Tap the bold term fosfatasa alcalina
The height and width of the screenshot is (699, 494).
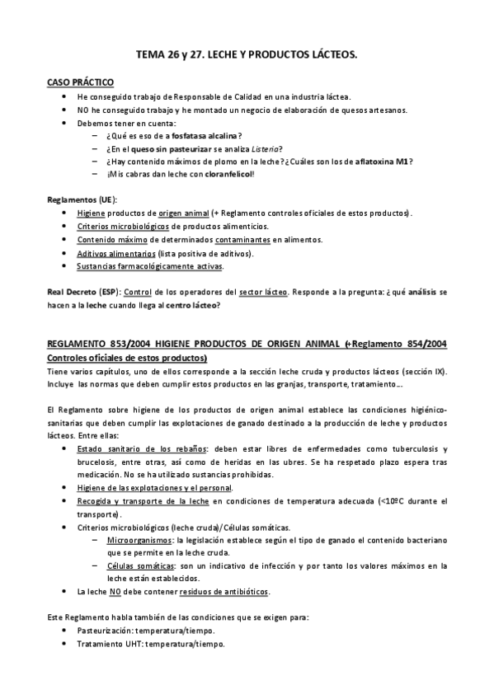click(x=206, y=135)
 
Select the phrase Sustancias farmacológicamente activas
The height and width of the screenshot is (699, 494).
click(x=149, y=266)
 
